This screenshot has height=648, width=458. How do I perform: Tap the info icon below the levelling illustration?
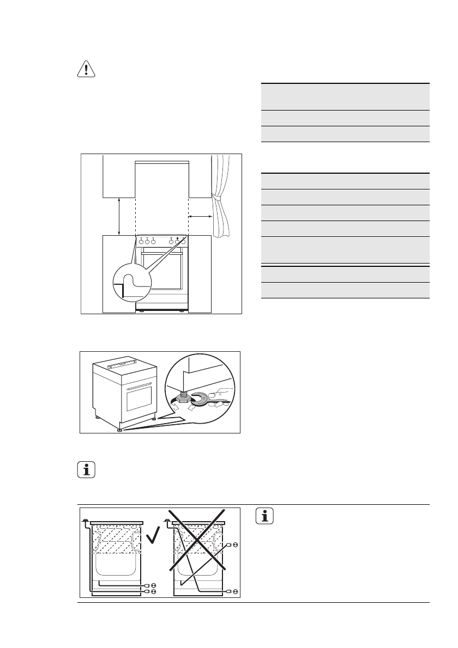click(85, 469)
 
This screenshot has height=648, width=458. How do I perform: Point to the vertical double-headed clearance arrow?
click(119, 216)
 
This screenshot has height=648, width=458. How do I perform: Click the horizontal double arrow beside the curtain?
click(200, 217)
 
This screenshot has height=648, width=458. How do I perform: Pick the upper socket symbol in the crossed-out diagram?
click(236, 544)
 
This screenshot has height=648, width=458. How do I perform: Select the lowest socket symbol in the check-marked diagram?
click(154, 591)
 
